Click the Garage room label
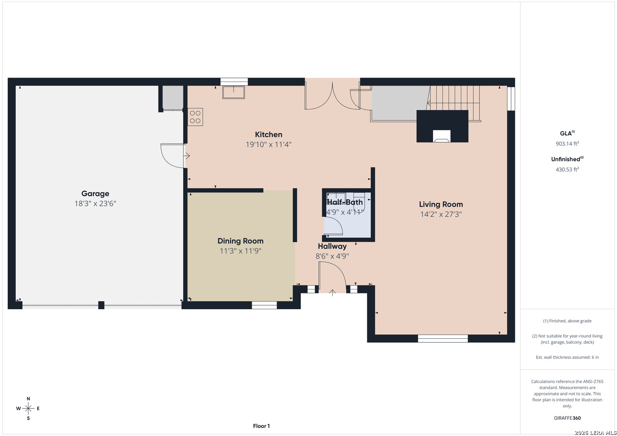coord(95,193)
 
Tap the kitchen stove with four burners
coord(195,117)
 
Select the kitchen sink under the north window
coord(234,92)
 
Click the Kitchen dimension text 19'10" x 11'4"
coord(269,144)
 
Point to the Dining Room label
coord(240,241)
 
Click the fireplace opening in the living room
coord(442,136)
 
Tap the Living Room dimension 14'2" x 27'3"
coord(441,214)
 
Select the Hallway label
coord(332,246)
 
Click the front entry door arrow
coord(333,293)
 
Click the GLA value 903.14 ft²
coord(567,143)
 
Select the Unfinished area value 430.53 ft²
coord(567,169)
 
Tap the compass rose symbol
coord(28,409)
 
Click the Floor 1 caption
coord(261,426)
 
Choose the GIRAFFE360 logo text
coord(567,418)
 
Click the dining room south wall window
coord(264,305)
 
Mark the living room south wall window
coord(442,339)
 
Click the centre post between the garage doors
coord(101,305)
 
